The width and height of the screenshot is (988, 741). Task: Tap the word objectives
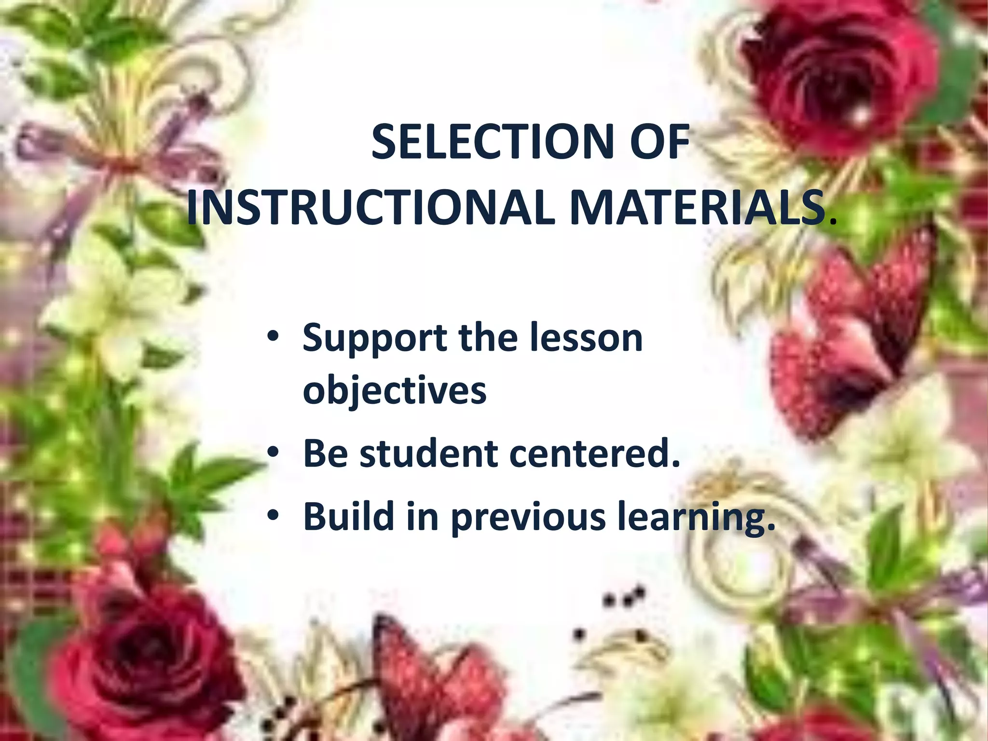[x=395, y=391]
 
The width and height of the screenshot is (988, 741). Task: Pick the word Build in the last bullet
[x=347, y=516]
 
